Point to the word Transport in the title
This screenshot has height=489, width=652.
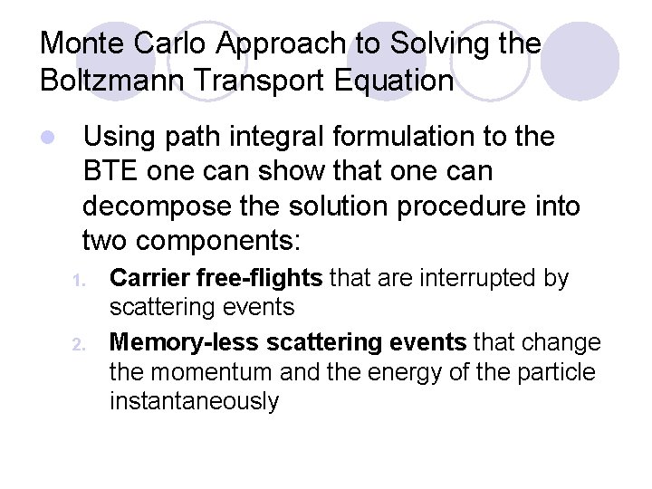click(256, 81)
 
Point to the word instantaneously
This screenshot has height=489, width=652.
click(194, 400)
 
